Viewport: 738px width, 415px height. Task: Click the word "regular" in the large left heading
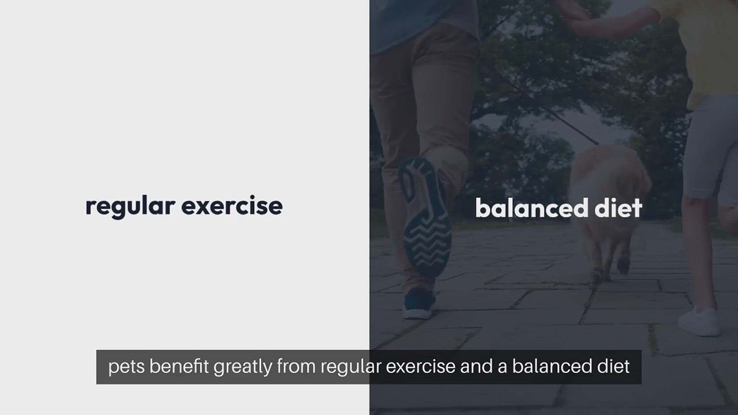tap(130, 207)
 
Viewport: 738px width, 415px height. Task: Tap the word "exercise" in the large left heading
tap(232, 206)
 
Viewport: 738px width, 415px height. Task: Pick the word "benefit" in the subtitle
tap(179, 367)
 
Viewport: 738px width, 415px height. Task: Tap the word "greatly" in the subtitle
tap(243, 367)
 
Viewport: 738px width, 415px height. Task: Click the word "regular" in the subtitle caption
tap(351, 367)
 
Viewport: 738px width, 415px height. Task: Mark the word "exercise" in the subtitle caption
tap(421, 367)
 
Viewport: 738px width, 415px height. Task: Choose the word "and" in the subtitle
tap(476, 367)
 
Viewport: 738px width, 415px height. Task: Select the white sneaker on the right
tap(699, 321)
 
